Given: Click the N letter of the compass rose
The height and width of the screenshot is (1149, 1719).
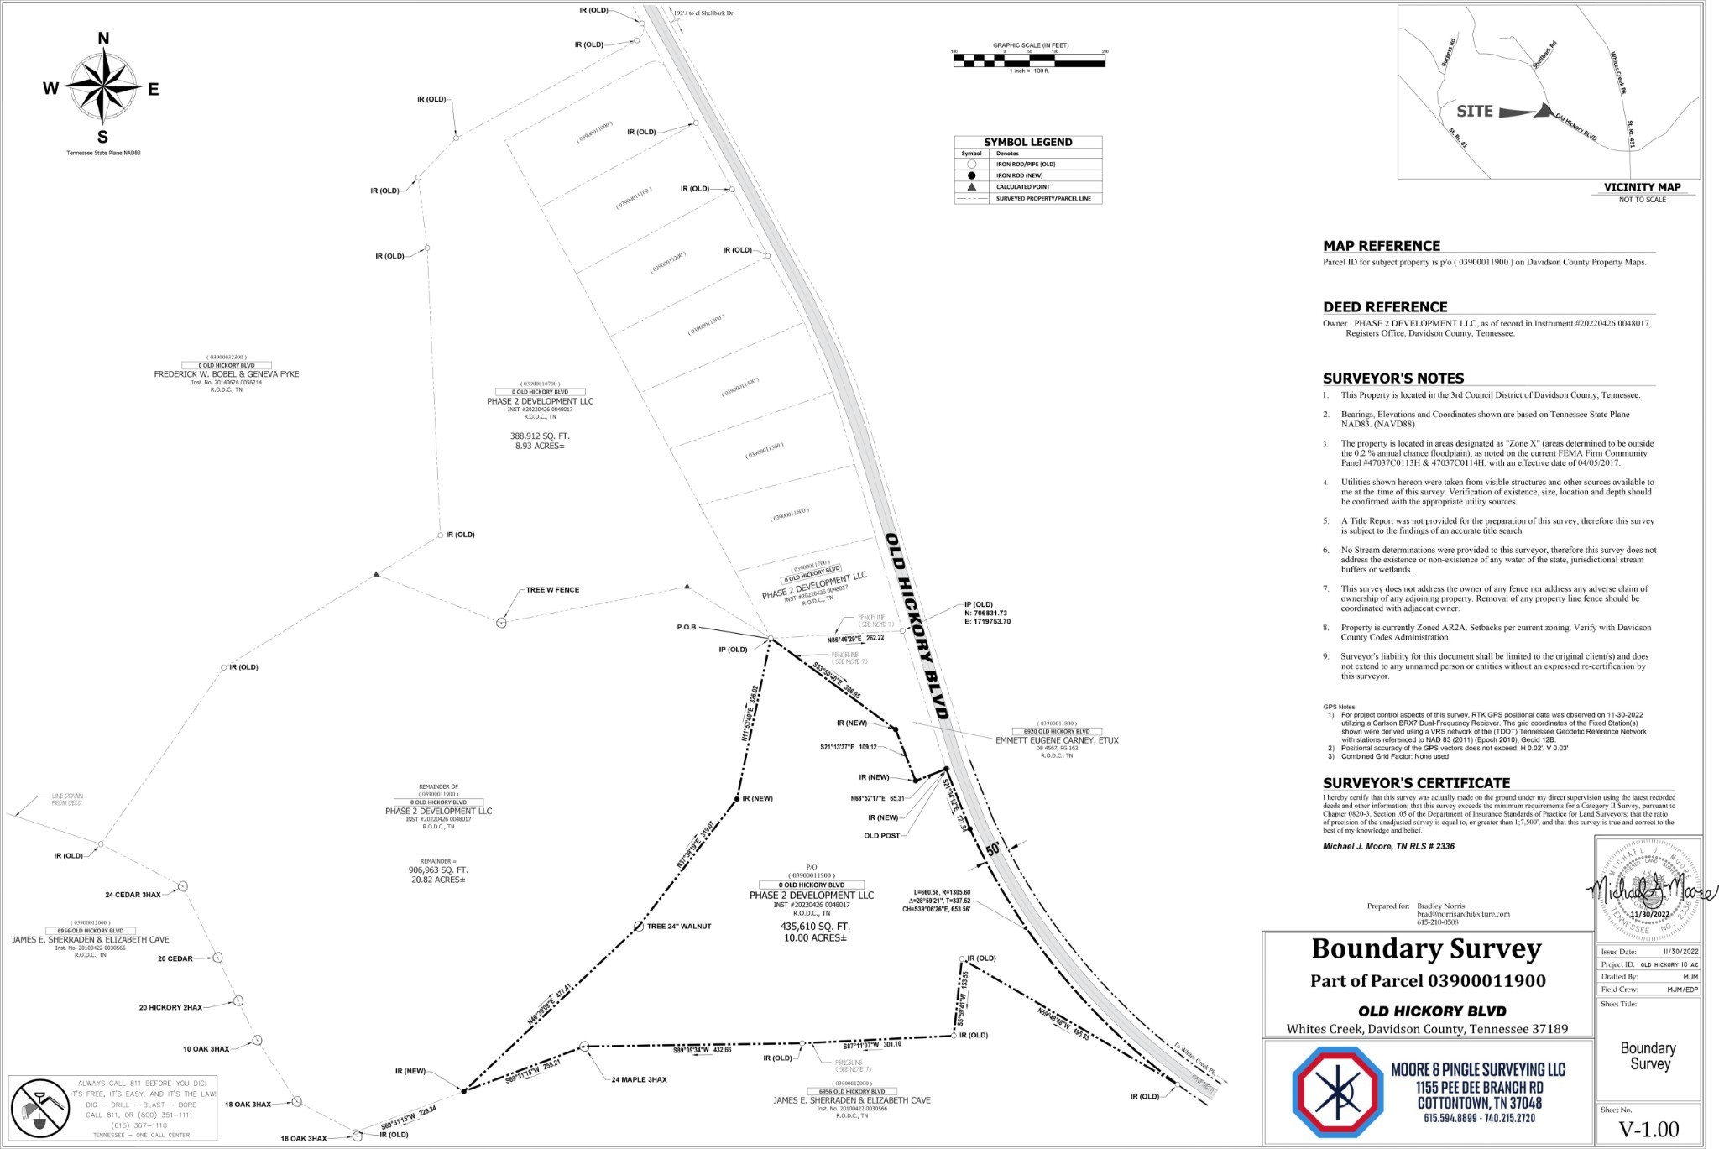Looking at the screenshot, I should click(103, 39).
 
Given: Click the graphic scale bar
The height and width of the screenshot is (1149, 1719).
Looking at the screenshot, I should click(1029, 60).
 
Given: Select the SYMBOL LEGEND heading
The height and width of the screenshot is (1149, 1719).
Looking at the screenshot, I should click(1027, 143).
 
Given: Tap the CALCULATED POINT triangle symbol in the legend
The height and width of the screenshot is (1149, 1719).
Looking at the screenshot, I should click(971, 186).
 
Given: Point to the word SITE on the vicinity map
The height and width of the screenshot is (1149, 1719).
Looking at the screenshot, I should click(1474, 111).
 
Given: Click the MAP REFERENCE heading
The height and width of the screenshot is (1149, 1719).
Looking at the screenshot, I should click(1381, 246).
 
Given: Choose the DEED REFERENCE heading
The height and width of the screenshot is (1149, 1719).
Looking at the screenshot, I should click(1385, 307).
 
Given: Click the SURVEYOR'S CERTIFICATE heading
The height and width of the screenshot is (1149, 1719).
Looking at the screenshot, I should click(1416, 783).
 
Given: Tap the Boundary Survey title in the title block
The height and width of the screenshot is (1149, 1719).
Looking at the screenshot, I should click(1426, 949).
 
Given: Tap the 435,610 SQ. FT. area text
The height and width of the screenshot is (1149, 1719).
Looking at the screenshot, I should click(811, 927).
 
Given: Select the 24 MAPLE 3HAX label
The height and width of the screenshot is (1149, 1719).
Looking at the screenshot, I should click(639, 1079).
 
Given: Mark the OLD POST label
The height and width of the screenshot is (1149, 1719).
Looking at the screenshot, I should click(881, 836).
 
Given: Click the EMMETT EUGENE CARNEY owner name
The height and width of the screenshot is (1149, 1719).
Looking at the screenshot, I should click(1056, 741).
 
